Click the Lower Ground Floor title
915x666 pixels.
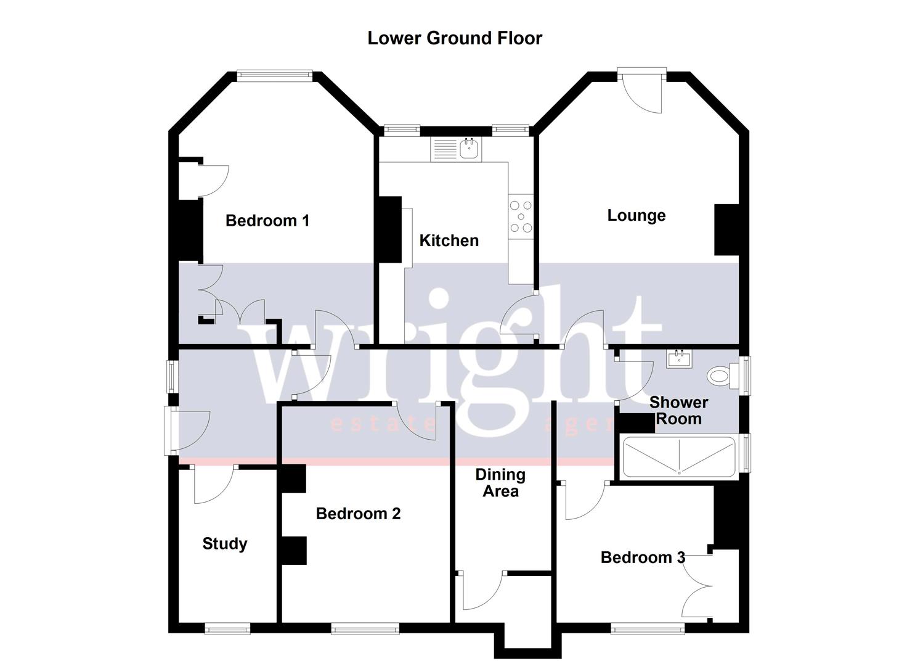point(455,38)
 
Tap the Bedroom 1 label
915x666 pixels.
point(267,221)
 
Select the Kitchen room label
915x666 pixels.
point(449,240)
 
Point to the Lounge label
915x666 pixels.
point(636,215)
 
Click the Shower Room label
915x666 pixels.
point(678,411)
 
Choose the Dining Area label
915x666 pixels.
point(500,483)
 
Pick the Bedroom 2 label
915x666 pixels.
point(358,514)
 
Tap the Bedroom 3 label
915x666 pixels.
point(643,557)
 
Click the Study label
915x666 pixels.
point(225,544)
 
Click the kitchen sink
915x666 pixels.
point(470,149)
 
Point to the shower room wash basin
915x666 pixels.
point(680,359)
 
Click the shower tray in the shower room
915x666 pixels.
point(679,457)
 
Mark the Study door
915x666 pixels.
point(214,484)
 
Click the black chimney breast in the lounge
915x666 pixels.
point(726,229)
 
